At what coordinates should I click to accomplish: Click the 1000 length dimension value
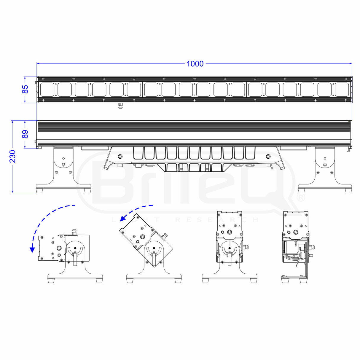(x=195, y=64)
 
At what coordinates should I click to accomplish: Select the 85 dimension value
(x=26, y=89)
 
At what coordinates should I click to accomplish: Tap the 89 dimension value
(x=26, y=134)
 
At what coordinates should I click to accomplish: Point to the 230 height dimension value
(x=13, y=156)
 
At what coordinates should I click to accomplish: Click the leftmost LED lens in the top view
(x=47, y=90)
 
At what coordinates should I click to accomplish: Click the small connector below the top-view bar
(x=120, y=105)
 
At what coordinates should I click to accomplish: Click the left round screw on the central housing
(x=120, y=156)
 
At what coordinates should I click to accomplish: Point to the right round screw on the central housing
(x=268, y=156)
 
